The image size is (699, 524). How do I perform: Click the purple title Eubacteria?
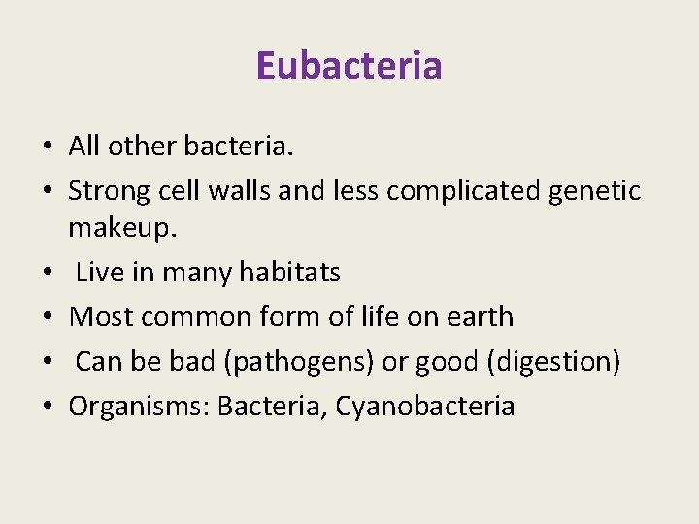[349, 66]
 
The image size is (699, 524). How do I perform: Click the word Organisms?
[139, 406]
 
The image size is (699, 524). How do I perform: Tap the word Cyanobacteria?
[425, 406]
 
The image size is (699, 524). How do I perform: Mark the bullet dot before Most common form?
[47, 318]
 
